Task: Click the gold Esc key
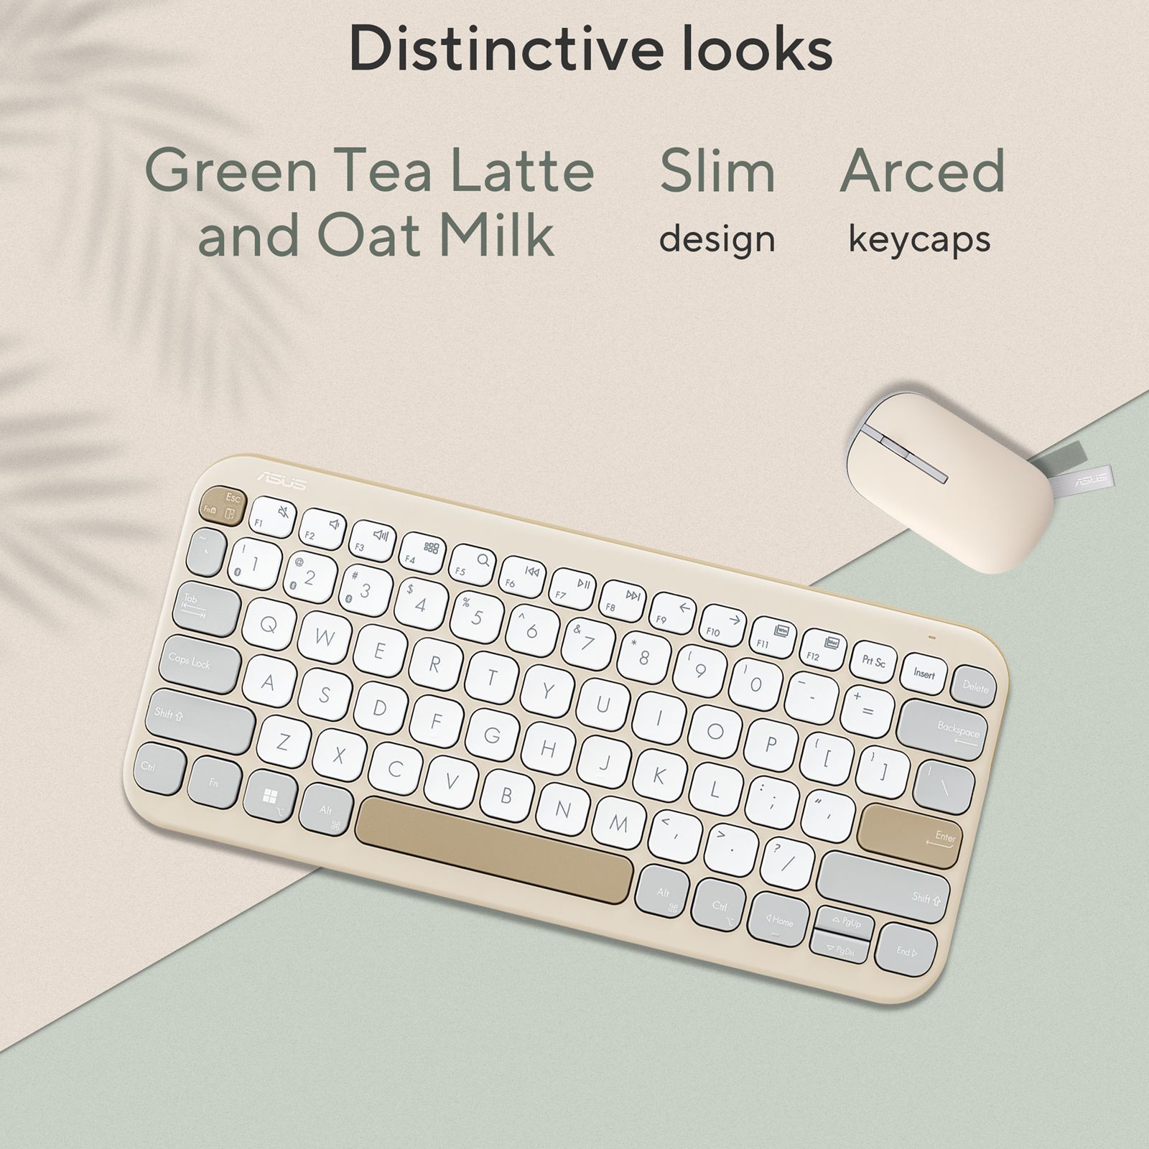click(222, 506)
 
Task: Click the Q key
click(269, 625)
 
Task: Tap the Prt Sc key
click(873, 661)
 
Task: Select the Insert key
click(924, 674)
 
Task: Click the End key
click(906, 950)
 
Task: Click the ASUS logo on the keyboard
click(282, 481)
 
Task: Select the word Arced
click(922, 171)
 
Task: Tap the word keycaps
click(919, 239)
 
